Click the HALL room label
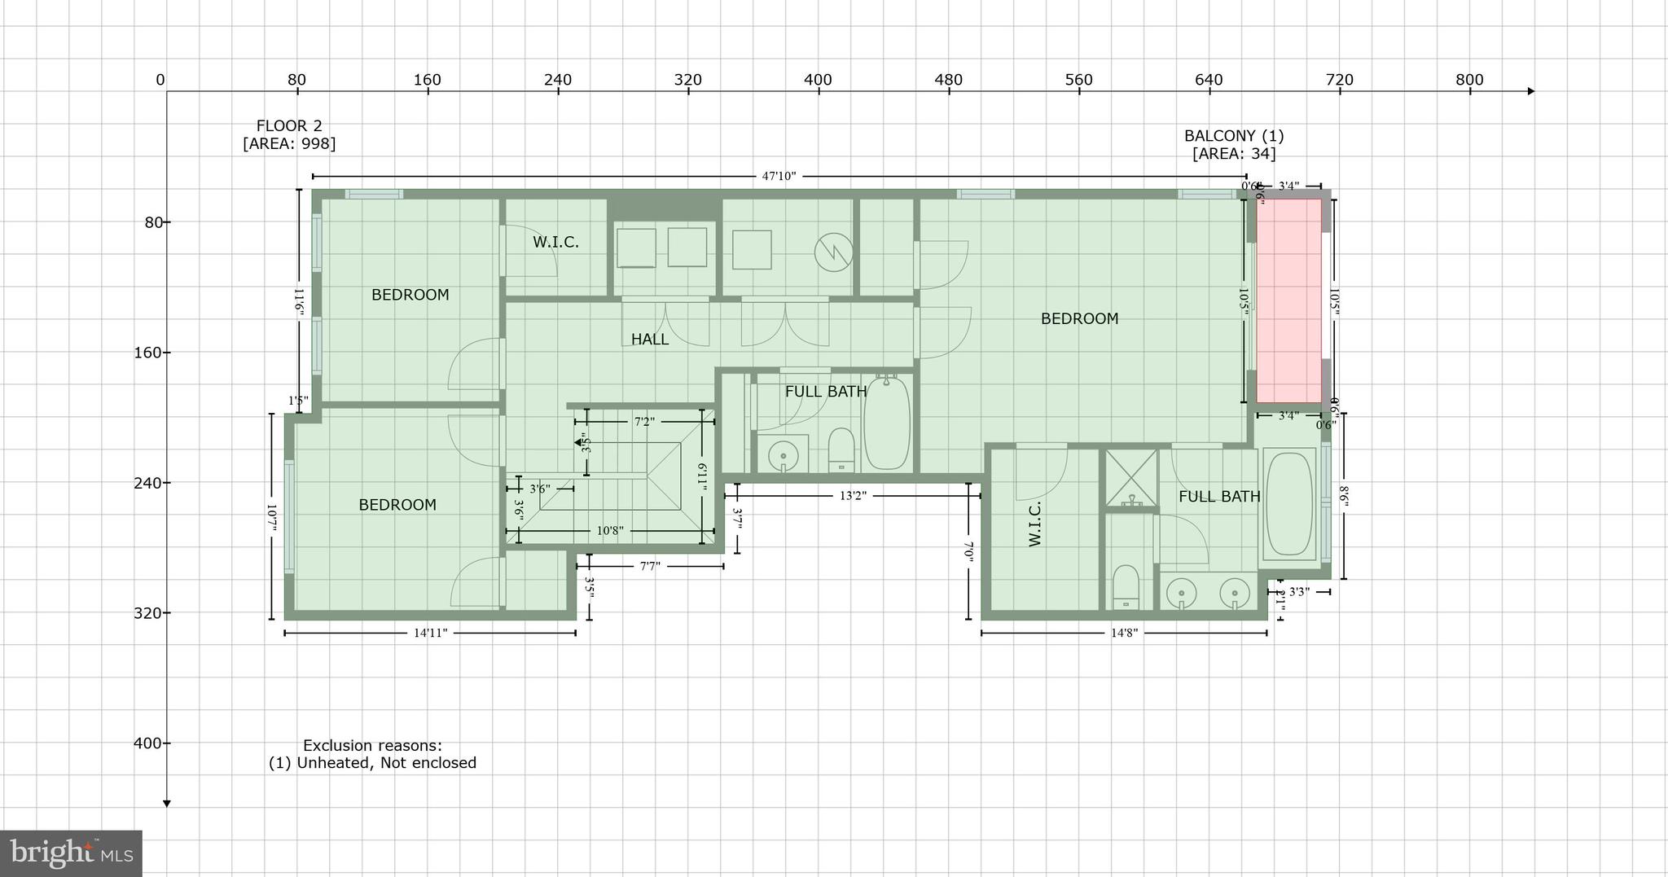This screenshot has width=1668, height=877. (649, 340)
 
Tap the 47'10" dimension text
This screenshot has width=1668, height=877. (779, 176)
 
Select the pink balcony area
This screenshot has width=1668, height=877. (1288, 300)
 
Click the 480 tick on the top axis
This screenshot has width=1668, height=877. (948, 81)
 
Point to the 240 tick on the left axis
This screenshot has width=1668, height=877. (147, 483)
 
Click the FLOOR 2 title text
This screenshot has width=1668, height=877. (289, 126)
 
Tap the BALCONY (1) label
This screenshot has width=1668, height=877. (1233, 136)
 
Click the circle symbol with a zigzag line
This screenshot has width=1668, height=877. (833, 252)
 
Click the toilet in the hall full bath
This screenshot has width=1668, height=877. (841, 449)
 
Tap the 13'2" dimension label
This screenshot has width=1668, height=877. (852, 496)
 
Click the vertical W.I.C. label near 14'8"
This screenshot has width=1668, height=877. (1035, 524)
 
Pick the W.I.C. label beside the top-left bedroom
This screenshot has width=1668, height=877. (555, 243)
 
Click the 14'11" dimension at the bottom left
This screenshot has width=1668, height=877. (430, 633)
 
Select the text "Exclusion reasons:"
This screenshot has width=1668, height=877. (372, 745)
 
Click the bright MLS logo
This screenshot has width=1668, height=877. (71, 853)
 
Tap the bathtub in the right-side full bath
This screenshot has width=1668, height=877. (1290, 505)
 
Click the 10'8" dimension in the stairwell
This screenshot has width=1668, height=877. (610, 531)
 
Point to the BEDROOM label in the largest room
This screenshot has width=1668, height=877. (1079, 319)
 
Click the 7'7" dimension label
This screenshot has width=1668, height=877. (649, 566)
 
